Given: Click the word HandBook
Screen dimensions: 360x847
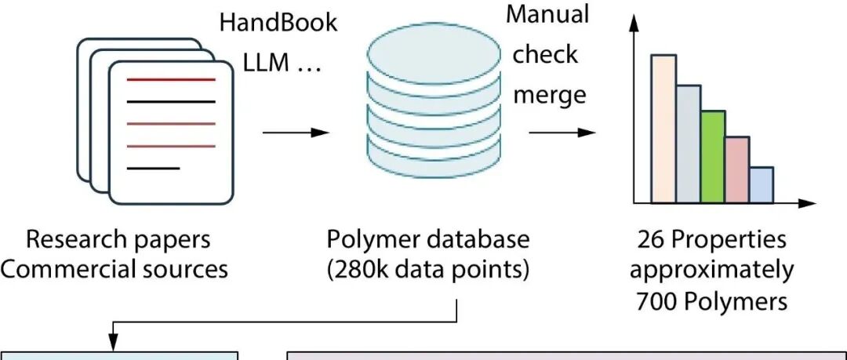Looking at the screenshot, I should click(278, 22).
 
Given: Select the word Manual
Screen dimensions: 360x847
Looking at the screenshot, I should click(548, 14).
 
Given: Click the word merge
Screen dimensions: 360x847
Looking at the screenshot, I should click(549, 95).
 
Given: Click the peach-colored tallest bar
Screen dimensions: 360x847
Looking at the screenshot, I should click(663, 129).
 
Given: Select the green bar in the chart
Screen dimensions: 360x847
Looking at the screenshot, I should click(712, 157).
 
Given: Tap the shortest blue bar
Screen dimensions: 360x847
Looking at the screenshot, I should click(761, 184).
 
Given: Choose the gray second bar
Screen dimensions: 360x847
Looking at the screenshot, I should click(688, 144).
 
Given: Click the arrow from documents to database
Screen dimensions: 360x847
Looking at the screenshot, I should click(295, 133).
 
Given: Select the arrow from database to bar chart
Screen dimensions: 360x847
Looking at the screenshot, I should click(562, 133).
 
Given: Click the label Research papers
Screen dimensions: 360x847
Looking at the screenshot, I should click(118, 239).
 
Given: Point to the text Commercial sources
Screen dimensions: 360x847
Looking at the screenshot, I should click(115, 269).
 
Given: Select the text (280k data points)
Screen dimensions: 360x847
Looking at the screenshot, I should click(427, 269).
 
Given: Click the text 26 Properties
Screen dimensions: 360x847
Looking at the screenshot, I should click(711, 239).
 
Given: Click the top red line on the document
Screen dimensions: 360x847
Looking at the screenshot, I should click(170, 80).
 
